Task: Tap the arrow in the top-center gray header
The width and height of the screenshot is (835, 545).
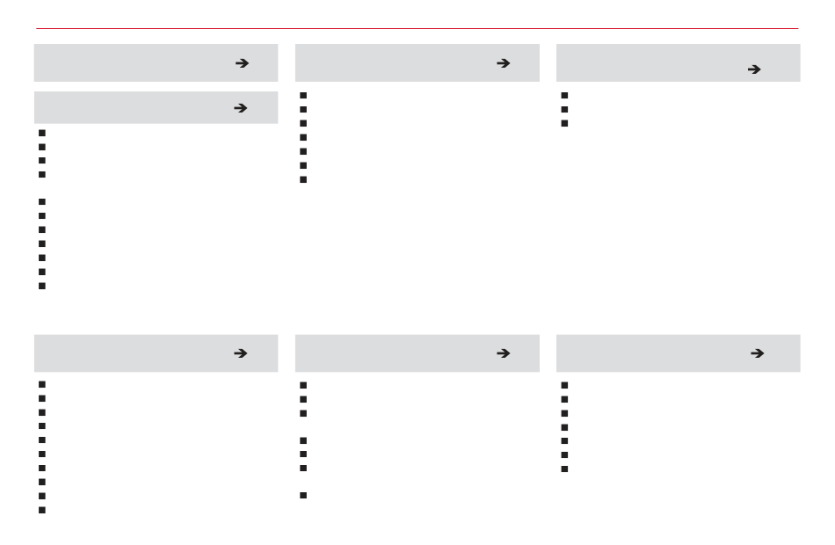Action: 503,63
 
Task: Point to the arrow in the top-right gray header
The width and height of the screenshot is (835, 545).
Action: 752,69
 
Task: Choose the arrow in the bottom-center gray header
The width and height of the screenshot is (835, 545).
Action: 503,353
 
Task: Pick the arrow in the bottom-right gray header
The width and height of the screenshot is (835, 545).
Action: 752,353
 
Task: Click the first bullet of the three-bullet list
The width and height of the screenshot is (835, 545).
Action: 565,95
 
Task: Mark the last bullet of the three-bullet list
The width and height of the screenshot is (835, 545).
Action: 565,123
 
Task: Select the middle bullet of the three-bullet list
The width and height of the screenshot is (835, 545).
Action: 565,109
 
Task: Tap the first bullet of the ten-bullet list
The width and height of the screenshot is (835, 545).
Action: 41,384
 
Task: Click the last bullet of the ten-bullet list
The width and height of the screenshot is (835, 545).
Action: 41,510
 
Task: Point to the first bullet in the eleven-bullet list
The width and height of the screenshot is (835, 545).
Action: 41,133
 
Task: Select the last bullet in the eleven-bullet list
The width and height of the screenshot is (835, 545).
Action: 41,286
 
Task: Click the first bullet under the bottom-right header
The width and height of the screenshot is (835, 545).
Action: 565,384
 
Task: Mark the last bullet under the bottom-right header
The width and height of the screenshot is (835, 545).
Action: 565,469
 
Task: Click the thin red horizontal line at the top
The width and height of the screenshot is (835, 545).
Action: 417,28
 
